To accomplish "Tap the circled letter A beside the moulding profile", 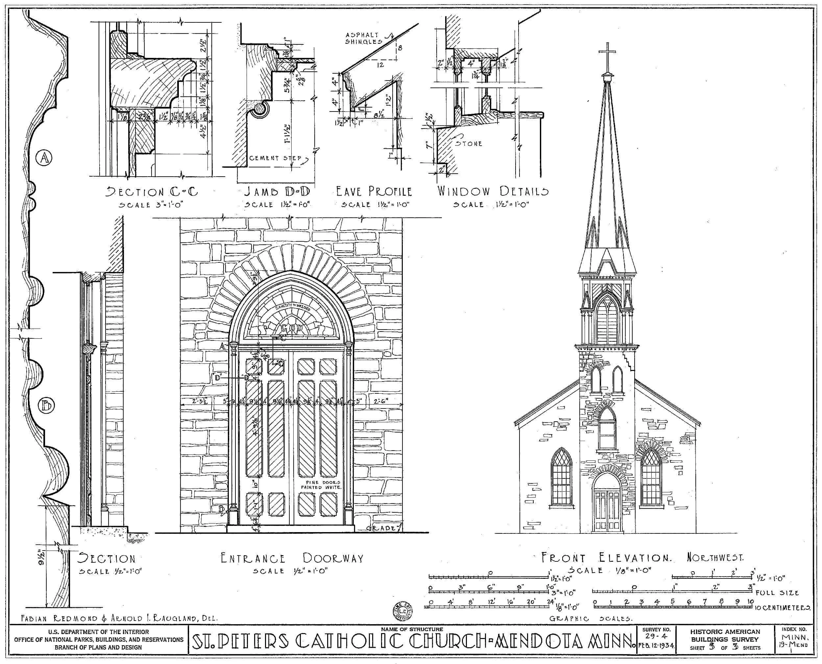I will (44, 158).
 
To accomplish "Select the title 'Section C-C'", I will (152, 192).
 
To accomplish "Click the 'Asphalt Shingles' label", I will (364, 38).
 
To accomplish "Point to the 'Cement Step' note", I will (275, 158).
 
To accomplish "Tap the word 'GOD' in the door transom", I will (291, 328).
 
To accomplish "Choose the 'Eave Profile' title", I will (374, 191).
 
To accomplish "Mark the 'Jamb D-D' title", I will (277, 191).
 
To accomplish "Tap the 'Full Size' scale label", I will (777, 593).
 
